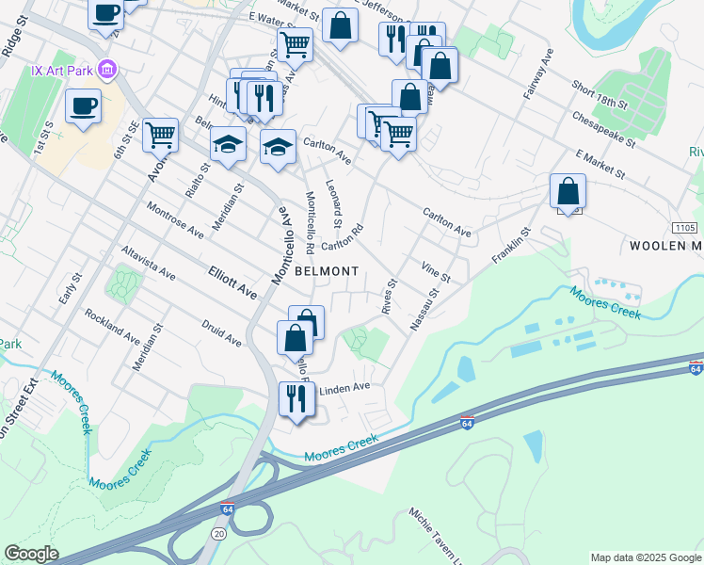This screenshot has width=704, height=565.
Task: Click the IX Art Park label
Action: click(x=62, y=70)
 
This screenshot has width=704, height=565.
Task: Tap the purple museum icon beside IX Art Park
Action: click(x=107, y=70)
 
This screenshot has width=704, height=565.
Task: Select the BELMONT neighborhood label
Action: click(x=327, y=271)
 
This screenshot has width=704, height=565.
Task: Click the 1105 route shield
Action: click(x=686, y=228)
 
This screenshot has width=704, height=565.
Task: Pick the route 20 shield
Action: click(x=220, y=533)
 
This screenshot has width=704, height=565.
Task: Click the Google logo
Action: click(x=31, y=553)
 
